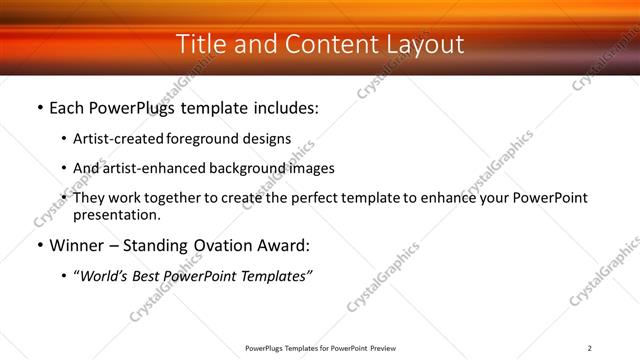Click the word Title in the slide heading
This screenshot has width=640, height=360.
[x=200, y=44]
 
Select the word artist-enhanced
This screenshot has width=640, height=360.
[x=156, y=168]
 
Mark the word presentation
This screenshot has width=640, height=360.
[x=116, y=214]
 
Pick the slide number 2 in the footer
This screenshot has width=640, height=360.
[x=590, y=348]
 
